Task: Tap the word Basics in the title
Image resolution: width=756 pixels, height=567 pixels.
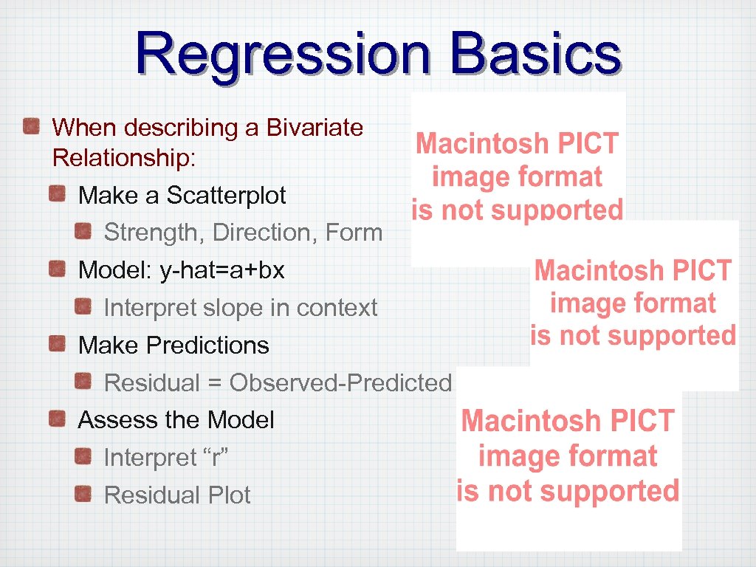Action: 536,54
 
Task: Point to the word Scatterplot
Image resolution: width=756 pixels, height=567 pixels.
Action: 226,196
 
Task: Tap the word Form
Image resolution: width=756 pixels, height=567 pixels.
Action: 354,233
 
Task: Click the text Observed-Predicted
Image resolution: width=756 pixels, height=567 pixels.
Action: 340,383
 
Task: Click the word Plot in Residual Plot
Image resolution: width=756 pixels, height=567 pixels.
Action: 228,495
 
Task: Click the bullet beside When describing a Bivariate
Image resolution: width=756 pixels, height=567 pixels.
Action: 31,127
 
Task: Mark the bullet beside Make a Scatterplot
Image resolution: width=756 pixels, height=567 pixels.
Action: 58,195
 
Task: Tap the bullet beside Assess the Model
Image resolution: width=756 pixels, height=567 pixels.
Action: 58,419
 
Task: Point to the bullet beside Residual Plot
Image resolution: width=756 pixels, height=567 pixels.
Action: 83,494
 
